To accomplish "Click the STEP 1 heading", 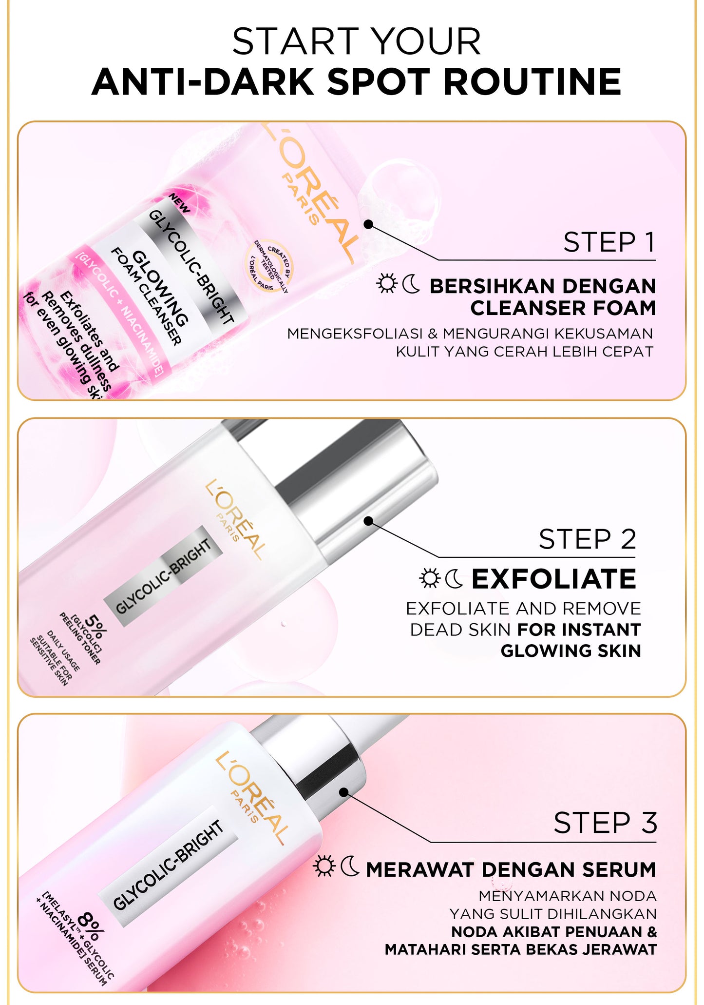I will click(x=609, y=243).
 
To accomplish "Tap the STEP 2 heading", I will click(x=587, y=539).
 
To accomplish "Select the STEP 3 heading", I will click(x=605, y=823).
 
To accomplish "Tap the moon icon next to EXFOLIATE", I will click(x=455, y=578).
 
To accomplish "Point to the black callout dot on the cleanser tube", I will click(x=369, y=224).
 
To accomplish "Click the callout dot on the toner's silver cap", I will click(x=369, y=521).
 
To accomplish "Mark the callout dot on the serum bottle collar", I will click(x=344, y=792).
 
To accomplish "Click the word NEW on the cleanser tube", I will click(x=179, y=202).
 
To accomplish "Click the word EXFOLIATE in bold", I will click(x=553, y=579).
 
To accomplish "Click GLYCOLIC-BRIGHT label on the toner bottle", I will click(x=163, y=576).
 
